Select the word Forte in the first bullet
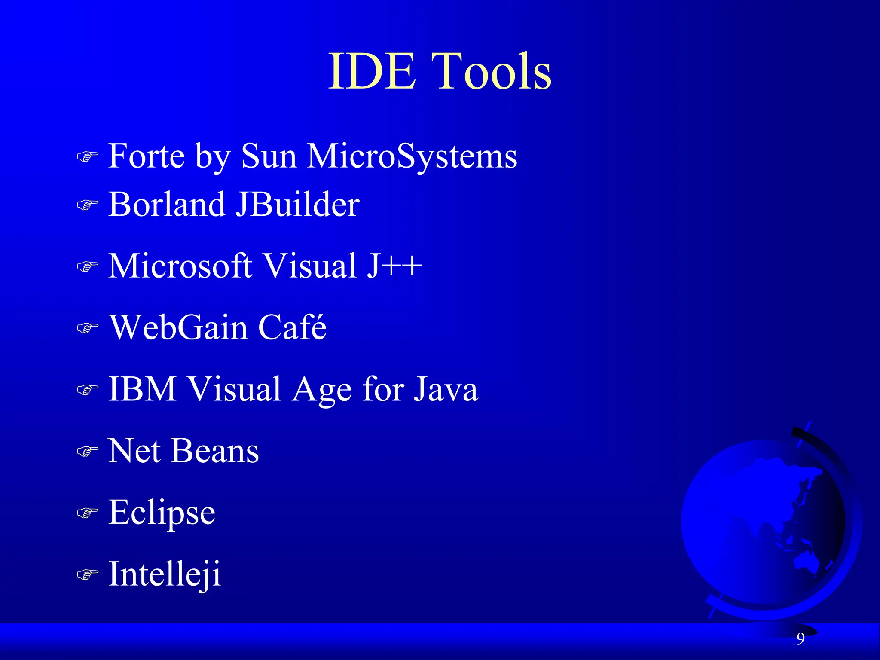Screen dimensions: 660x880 click(147, 156)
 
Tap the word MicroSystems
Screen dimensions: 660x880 click(412, 156)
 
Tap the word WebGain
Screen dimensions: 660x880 click(179, 327)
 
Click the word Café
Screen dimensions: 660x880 click(292, 327)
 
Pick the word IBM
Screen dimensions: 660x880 click(142, 389)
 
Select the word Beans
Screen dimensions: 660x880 click(214, 451)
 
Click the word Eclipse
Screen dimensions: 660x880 click(162, 513)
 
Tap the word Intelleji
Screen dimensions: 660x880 click(165, 574)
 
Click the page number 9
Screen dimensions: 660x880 click(801, 639)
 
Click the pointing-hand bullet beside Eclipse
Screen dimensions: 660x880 click(87, 513)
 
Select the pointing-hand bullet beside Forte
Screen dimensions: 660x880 click(87, 156)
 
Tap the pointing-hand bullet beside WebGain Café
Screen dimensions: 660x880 click(87, 328)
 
